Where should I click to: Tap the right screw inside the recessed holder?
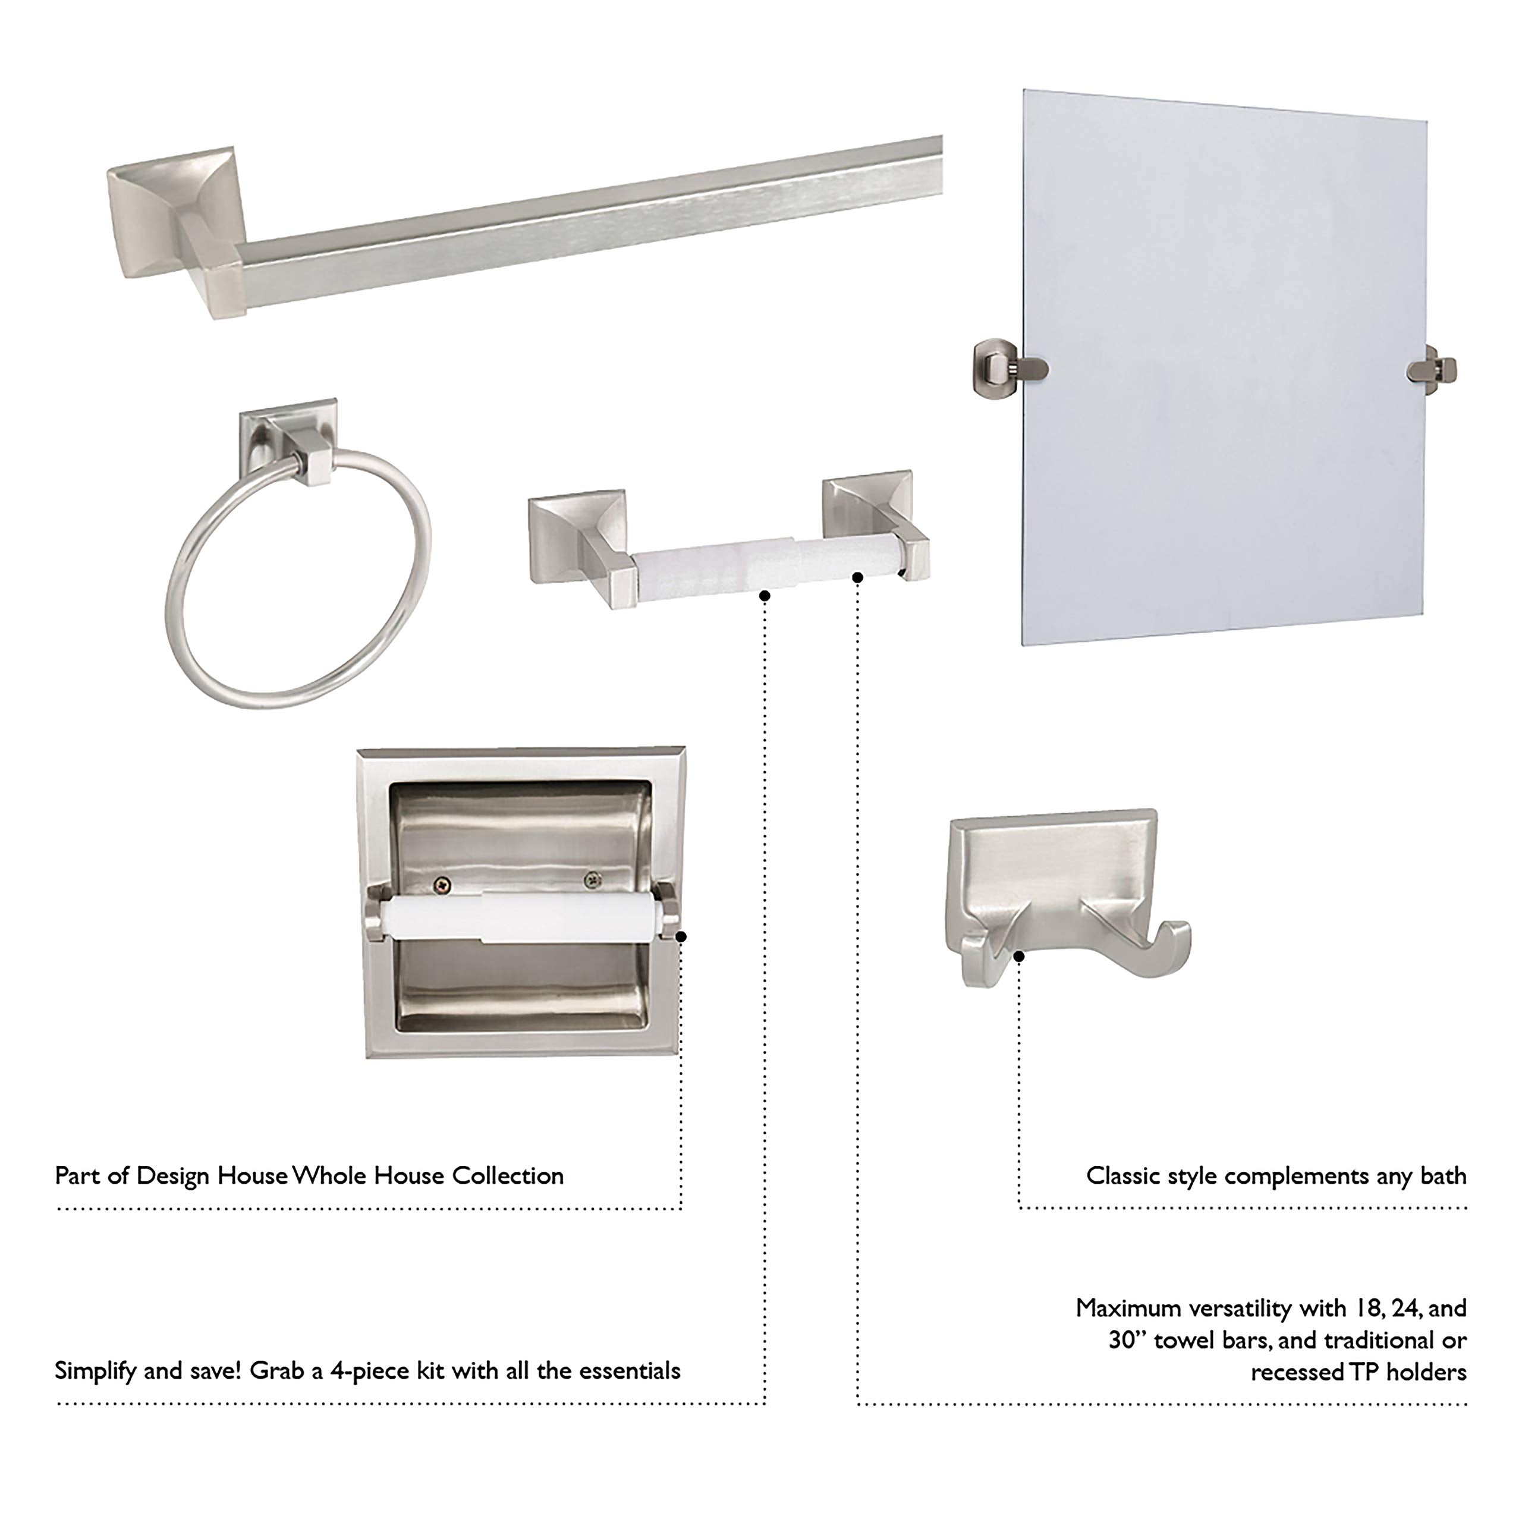pyautogui.click(x=592, y=879)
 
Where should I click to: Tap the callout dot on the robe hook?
pyautogui.click(x=1018, y=957)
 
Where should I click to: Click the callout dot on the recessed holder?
pyautogui.click(x=681, y=936)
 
